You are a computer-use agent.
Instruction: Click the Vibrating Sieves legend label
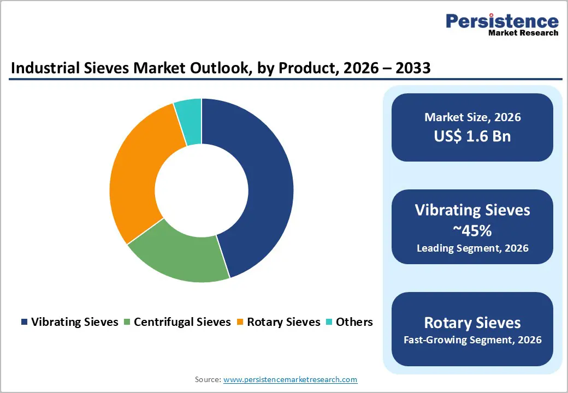pyautogui.click(x=75, y=322)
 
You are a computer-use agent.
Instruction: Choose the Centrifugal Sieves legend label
pyautogui.click(x=182, y=322)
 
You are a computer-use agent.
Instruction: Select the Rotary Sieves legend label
pyautogui.click(x=283, y=322)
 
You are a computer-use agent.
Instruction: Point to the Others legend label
pyautogui.click(x=354, y=322)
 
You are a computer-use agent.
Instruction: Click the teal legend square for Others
pyautogui.click(x=329, y=322)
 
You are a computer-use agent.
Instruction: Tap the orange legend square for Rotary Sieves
pyautogui.click(x=240, y=322)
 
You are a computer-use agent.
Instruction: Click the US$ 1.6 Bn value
pyautogui.click(x=472, y=136)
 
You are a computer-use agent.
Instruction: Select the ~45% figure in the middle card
pyautogui.click(x=472, y=230)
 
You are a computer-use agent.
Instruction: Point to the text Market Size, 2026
pyautogui.click(x=472, y=117)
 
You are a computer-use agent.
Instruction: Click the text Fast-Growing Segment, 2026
pyautogui.click(x=472, y=340)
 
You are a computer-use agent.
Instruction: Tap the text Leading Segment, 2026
pyautogui.click(x=472, y=248)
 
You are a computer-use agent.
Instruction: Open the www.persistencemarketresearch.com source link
pyautogui.click(x=290, y=379)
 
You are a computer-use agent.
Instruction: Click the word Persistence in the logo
pyautogui.click(x=502, y=21)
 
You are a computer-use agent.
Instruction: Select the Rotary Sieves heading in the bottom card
pyautogui.click(x=472, y=322)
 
